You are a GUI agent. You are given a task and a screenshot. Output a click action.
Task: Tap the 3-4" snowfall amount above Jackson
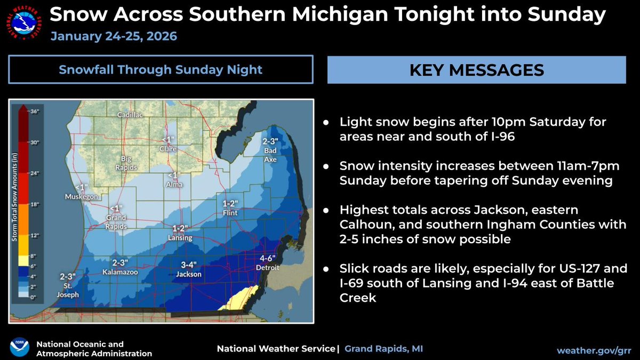pyautogui.click(x=189, y=265)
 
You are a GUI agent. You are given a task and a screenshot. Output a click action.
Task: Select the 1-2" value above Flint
pyautogui.click(x=230, y=203)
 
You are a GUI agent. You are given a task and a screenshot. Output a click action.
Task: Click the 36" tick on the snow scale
pyautogui.click(x=35, y=111)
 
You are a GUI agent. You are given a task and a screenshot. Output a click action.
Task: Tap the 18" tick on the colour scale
pyautogui.click(x=35, y=204)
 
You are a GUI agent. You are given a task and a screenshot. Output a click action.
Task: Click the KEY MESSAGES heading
pyautogui.click(x=476, y=70)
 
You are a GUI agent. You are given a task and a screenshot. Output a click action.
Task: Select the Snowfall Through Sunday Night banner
pyautogui.click(x=161, y=70)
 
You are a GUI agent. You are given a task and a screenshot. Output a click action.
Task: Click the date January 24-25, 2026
pyautogui.click(x=114, y=37)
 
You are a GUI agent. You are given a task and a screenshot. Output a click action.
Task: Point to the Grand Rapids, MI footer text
pyautogui.click(x=383, y=349)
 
